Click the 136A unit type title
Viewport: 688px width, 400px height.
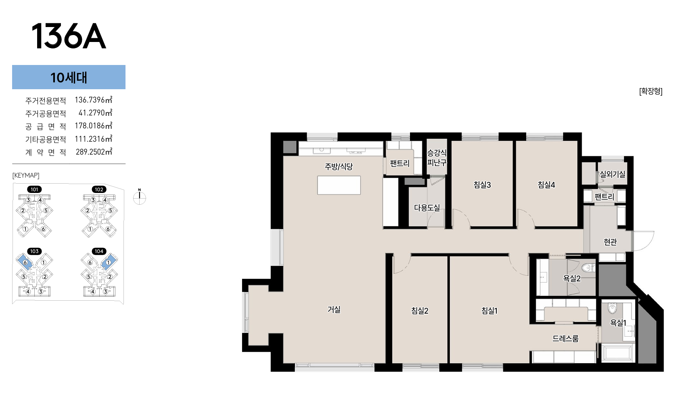[x=69, y=36]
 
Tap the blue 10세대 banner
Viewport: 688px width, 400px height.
[x=69, y=77]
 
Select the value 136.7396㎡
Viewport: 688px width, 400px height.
[x=93, y=100]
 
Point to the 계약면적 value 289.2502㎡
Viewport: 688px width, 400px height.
[x=94, y=152]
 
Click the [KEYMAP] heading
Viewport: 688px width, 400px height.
[x=26, y=176]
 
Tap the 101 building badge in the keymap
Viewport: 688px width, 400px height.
[x=34, y=190]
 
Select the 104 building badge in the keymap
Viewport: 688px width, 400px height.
[x=99, y=251]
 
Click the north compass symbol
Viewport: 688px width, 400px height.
[x=140, y=197]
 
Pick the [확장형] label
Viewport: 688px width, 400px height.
[x=651, y=91]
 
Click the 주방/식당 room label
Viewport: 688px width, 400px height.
[x=339, y=167]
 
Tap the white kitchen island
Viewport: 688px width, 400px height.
[x=339, y=185]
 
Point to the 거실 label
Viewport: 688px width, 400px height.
[x=334, y=309]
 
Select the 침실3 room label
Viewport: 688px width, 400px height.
[x=482, y=184]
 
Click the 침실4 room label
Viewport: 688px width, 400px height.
[x=546, y=184]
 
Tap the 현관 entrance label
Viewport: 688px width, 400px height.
[x=610, y=242]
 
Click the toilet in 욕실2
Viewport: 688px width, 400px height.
[x=588, y=268]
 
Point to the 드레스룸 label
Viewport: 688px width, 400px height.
[x=565, y=339]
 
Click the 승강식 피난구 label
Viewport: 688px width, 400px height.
[x=437, y=157]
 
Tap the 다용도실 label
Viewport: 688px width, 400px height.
[x=427, y=208]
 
